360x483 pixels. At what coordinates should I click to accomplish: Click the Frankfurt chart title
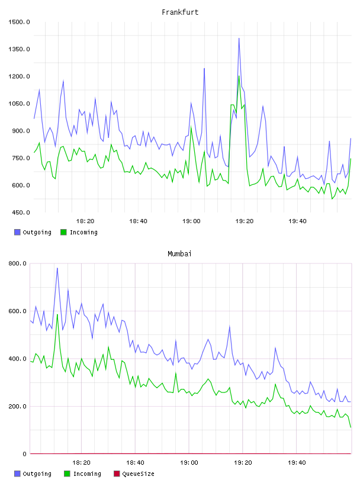[x=180, y=12]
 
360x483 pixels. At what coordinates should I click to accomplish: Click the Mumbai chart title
[x=179, y=254]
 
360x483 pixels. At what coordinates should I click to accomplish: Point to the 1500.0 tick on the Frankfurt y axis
[x=19, y=22]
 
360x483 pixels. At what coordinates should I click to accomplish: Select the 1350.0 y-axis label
[x=19, y=49]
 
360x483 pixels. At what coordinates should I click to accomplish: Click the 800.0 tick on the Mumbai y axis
[x=17, y=263]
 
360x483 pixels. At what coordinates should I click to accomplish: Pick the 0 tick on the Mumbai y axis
[x=24, y=454]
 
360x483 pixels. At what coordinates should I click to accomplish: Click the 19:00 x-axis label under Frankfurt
[x=191, y=221]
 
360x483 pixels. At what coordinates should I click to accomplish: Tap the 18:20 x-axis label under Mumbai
[x=81, y=463]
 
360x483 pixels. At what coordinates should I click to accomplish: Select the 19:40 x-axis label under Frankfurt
[x=297, y=221]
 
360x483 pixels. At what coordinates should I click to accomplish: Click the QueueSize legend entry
[x=134, y=474]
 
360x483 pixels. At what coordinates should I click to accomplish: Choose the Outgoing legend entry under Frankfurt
[x=33, y=232]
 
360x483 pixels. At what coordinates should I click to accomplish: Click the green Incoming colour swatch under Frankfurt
[x=63, y=232]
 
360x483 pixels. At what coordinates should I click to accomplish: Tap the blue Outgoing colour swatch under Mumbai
[x=17, y=474]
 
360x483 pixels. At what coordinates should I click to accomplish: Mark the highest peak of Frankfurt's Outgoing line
[x=239, y=38]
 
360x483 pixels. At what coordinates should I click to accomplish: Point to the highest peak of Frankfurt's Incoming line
[x=239, y=76]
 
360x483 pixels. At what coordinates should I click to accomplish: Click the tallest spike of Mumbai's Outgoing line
[x=57, y=268]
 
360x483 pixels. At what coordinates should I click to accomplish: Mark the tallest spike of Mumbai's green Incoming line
[x=57, y=314]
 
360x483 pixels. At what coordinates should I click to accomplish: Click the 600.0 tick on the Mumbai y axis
[x=17, y=311]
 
